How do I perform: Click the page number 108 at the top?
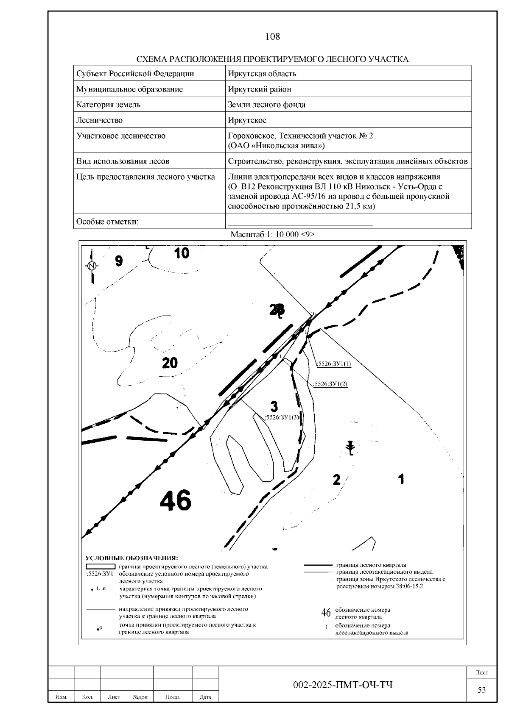pos(272,36)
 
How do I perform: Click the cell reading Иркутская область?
pos(262,74)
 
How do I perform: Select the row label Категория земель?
pos(108,105)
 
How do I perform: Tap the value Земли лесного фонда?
pos(266,105)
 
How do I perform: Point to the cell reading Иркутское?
pos(247,120)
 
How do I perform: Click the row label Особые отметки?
pos(107,222)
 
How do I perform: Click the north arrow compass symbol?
pos(92,266)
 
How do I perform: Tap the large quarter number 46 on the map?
pos(176,500)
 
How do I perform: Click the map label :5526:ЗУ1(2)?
pos(330,384)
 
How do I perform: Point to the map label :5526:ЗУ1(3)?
pos(282,417)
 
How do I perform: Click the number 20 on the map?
pos(170,363)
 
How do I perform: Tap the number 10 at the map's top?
pos(182,253)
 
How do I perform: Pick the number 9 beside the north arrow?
pos(119,261)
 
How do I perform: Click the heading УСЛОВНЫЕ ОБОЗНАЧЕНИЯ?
pos(131,558)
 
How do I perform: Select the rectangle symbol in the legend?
pos(101,566)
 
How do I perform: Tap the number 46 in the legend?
pos(326,613)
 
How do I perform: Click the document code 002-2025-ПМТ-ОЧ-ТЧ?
pos(343,685)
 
